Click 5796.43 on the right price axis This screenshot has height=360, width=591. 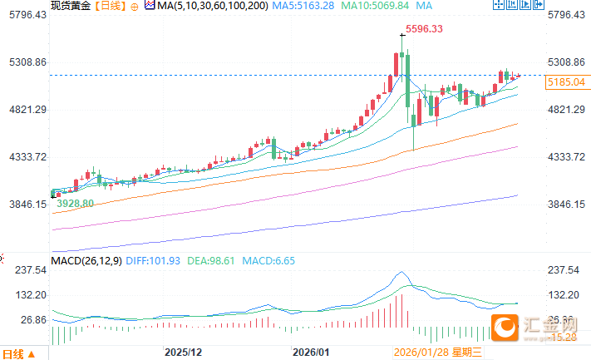click(568, 15)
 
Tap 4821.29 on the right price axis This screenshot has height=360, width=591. click(568, 110)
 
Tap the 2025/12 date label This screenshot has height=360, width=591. click(184, 353)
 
